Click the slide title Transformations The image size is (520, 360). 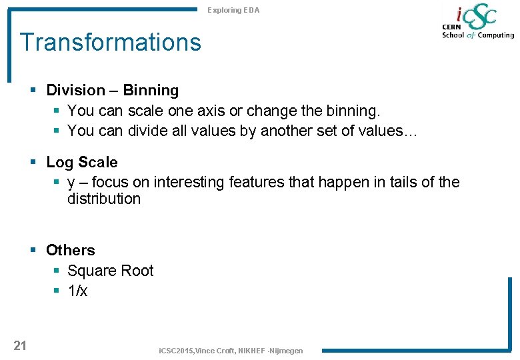(x=110, y=42)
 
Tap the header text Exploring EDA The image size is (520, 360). (x=233, y=10)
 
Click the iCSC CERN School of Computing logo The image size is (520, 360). (x=477, y=23)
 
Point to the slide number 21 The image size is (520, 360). (x=20, y=345)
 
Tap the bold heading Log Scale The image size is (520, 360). (x=81, y=162)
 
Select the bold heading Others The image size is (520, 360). (x=70, y=250)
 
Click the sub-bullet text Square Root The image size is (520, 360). (x=110, y=271)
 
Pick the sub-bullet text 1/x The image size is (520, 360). (x=77, y=291)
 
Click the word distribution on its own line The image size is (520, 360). (x=104, y=199)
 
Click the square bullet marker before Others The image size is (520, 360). (x=33, y=251)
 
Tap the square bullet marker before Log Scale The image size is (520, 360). (x=33, y=163)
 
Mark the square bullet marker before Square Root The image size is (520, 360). (x=56, y=271)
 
